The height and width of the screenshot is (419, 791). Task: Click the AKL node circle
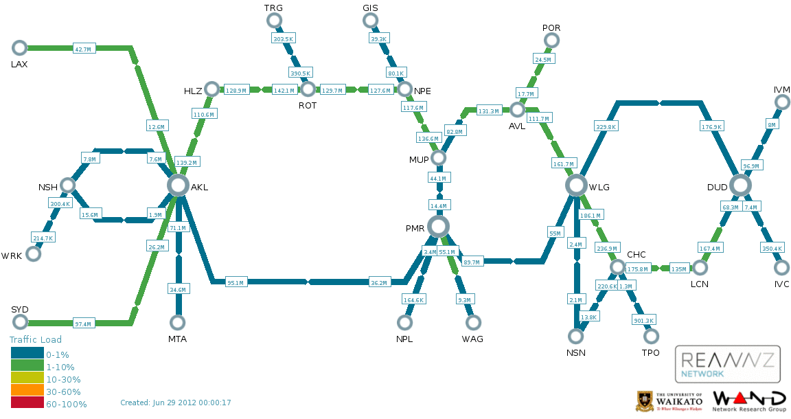coord(178,185)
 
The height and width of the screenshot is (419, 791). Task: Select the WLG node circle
coord(576,185)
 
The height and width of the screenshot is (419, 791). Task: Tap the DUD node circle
coord(740,185)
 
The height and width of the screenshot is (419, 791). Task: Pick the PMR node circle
coord(438,227)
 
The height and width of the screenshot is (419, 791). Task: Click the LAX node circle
coord(20,48)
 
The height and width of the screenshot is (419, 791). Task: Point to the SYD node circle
coord(20,321)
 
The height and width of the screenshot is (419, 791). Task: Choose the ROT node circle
coord(308,89)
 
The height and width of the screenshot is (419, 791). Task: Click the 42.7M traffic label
coord(82,49)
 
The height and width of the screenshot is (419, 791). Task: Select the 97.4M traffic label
coord(82,324)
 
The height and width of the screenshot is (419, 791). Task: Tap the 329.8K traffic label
coord(606,126)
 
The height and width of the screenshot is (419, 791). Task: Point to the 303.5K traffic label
coord(283,39)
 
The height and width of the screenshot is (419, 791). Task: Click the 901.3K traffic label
coord(643,320)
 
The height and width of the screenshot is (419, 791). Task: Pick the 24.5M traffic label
coord(543,59)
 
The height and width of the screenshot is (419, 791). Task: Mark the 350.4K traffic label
coord(772,248)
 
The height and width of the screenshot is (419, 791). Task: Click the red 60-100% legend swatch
coord(27,403)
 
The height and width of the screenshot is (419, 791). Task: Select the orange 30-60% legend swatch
coord(27,390)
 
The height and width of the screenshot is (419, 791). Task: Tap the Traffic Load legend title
coord(36,340)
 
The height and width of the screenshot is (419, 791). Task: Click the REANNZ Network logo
coord(727,364)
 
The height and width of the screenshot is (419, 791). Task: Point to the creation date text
coord(176,403)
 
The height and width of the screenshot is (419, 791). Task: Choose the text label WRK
coord(12,256)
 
